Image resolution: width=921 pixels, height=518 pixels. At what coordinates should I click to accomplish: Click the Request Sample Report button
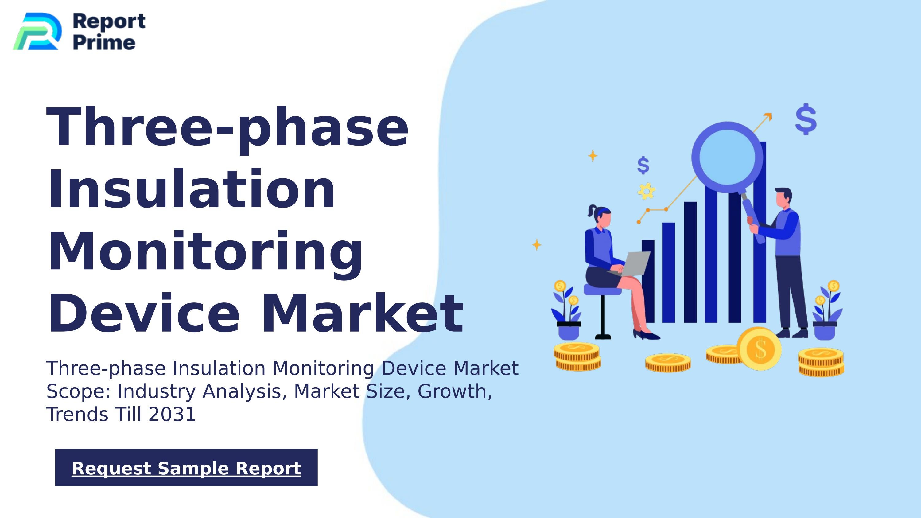tap(186, 468)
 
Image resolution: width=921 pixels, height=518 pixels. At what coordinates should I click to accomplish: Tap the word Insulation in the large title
tap(191, 189)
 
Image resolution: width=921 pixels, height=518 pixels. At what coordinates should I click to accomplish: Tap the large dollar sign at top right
tap(806, 119)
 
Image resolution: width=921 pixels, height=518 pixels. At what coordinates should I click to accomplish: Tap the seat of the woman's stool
tap(602, 290)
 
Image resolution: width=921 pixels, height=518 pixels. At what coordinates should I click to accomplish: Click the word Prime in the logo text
tap(104, 43)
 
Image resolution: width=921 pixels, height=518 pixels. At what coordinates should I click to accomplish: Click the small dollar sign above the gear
tap(643, 166)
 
